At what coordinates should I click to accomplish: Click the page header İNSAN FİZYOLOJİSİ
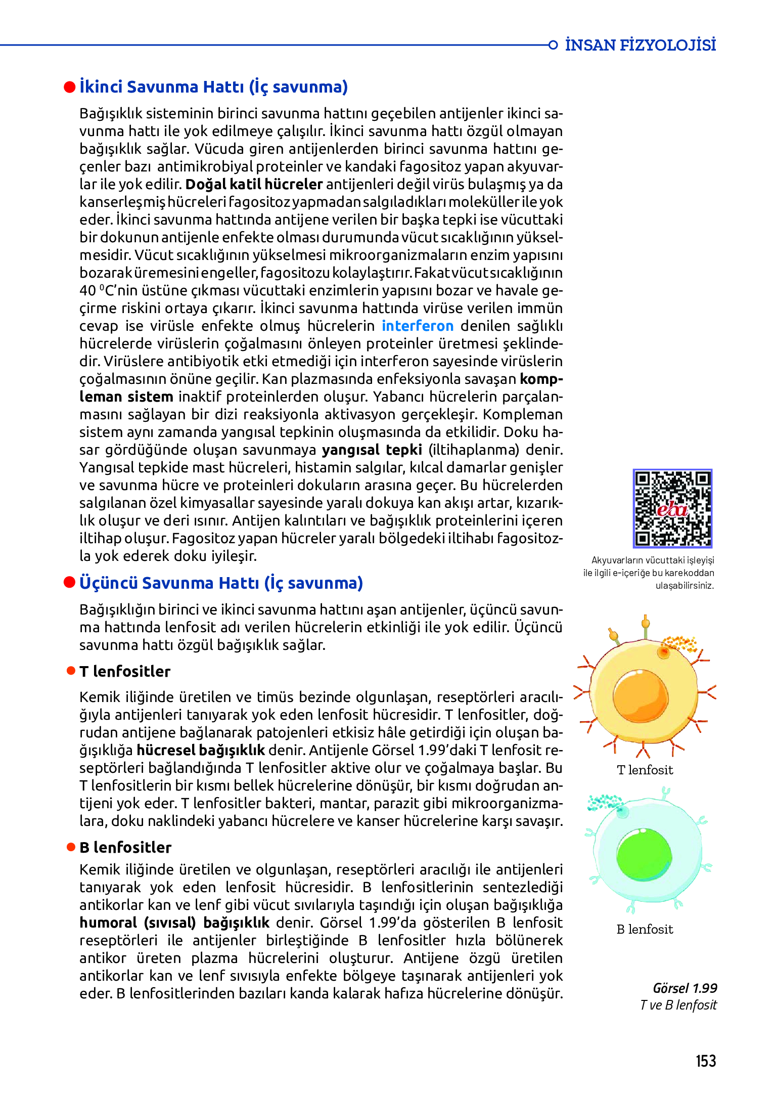[x=640, y=45]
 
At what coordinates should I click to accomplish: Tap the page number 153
[x=706, y=1061]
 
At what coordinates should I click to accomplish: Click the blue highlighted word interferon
[x=418, y=326]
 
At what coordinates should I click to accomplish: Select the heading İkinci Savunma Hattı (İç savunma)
[x=213, y=87]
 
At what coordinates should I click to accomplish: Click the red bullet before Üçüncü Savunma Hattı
[x=70, y=583]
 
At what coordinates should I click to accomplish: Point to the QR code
[x=672, y=508]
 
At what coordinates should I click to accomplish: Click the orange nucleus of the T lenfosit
[x=641, y=696]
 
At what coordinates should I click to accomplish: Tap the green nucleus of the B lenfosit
[x=644, y=856]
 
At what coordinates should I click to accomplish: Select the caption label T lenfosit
[x=645, y=770]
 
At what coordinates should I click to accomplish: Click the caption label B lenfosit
[x=645, y=929]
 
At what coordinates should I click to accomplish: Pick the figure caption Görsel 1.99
[x=685, y=988]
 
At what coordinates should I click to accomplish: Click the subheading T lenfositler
[x=125, y=671]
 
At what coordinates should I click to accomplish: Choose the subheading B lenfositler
[x=125, y=847]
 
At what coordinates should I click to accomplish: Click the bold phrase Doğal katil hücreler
[x=254, y=184]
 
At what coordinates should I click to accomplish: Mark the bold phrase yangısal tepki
[x=372, y=450]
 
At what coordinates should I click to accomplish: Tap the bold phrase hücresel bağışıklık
[x=201, y=750]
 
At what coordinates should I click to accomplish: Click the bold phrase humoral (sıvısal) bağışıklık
[x=174, y=923]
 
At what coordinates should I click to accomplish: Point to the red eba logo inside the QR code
[x=672, y=509]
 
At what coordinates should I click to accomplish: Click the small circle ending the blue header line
[x=553, y=45]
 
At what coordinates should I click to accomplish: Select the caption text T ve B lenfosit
[x=678, y=1005]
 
